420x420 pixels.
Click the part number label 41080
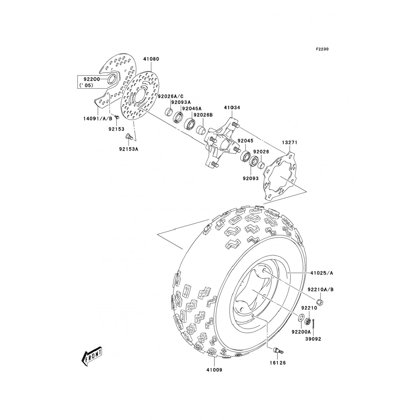coord(151,59)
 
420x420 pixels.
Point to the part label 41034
coord(232,108)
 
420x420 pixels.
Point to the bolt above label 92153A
coord(129,137)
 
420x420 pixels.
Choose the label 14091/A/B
coord(98,118)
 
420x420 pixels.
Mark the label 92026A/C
coord(171,96)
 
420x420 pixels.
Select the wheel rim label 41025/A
coord(321,273)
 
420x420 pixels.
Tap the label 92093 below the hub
coord(251,178)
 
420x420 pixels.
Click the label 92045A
coord(192,108)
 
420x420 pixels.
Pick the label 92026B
coord(203,115)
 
